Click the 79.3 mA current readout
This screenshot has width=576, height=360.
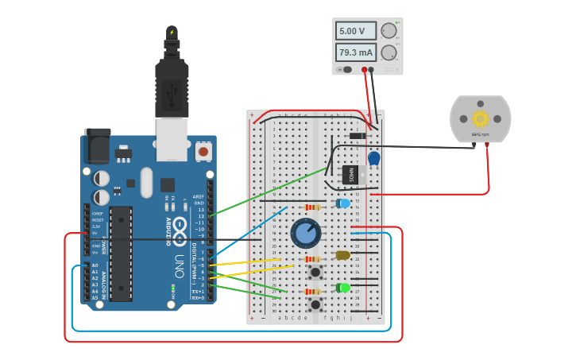[354, 52]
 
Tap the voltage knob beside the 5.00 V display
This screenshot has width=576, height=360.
[389, 31]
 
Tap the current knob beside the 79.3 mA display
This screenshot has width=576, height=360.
[389, 52]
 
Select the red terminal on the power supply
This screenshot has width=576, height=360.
[365, 70]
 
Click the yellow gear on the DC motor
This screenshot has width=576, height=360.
[480, 118]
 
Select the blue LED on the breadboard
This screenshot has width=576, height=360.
[343, 203]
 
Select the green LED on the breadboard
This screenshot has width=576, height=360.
[343, 288]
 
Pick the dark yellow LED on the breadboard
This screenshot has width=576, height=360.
[343, 255]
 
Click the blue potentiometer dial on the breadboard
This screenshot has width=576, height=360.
[306, 233]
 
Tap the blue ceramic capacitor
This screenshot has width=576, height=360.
[373, 158]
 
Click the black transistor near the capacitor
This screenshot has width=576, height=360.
[350, 174]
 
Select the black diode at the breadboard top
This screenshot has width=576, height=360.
[358, 136]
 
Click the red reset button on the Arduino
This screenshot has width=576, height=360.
[203, 150]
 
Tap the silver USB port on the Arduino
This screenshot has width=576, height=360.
[172, 137]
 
